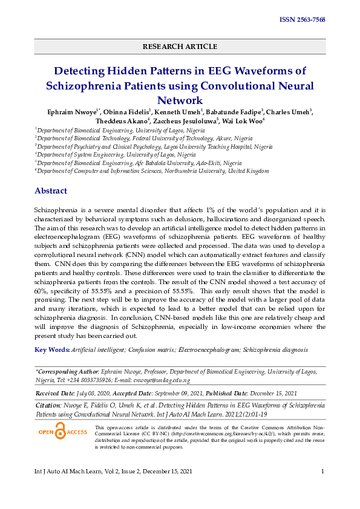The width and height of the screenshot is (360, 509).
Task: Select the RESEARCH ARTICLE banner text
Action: click(180, 47)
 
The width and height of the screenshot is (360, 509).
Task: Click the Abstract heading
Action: click(51, 191)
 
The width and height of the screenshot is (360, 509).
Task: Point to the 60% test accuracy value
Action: click(42, 291)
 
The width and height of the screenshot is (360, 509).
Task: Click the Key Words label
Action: click(52, 349)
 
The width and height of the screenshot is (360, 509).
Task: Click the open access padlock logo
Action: click(62, 432)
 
